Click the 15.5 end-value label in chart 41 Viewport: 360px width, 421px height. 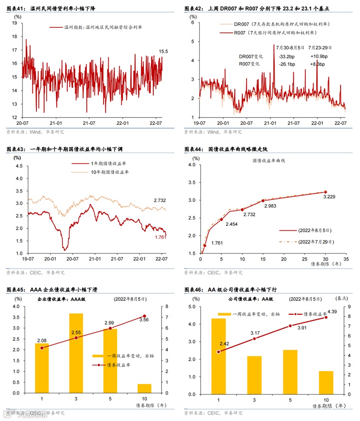click(x=163, y=52)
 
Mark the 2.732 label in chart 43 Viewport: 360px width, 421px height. click(x=160, y=200)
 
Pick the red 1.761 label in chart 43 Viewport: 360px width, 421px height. click(x=161, y=237)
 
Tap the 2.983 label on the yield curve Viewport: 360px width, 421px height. click(x=270, y=206)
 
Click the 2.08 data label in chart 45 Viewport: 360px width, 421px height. click(x=42, y=340)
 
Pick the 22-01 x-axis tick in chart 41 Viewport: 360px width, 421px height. click(x=123, y=124)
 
